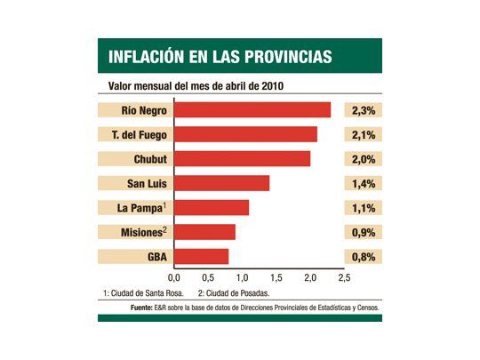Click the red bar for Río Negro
[252, 110]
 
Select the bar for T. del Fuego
[245, 134]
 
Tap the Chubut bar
[242, 159]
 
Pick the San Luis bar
[221, 183]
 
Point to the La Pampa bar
[212, 208]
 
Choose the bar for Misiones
[204, 232]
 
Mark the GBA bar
[201, 257]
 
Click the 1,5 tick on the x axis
[276, 278]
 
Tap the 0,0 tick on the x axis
[174, 278]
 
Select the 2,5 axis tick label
[345, 278]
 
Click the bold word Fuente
[144, 308]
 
